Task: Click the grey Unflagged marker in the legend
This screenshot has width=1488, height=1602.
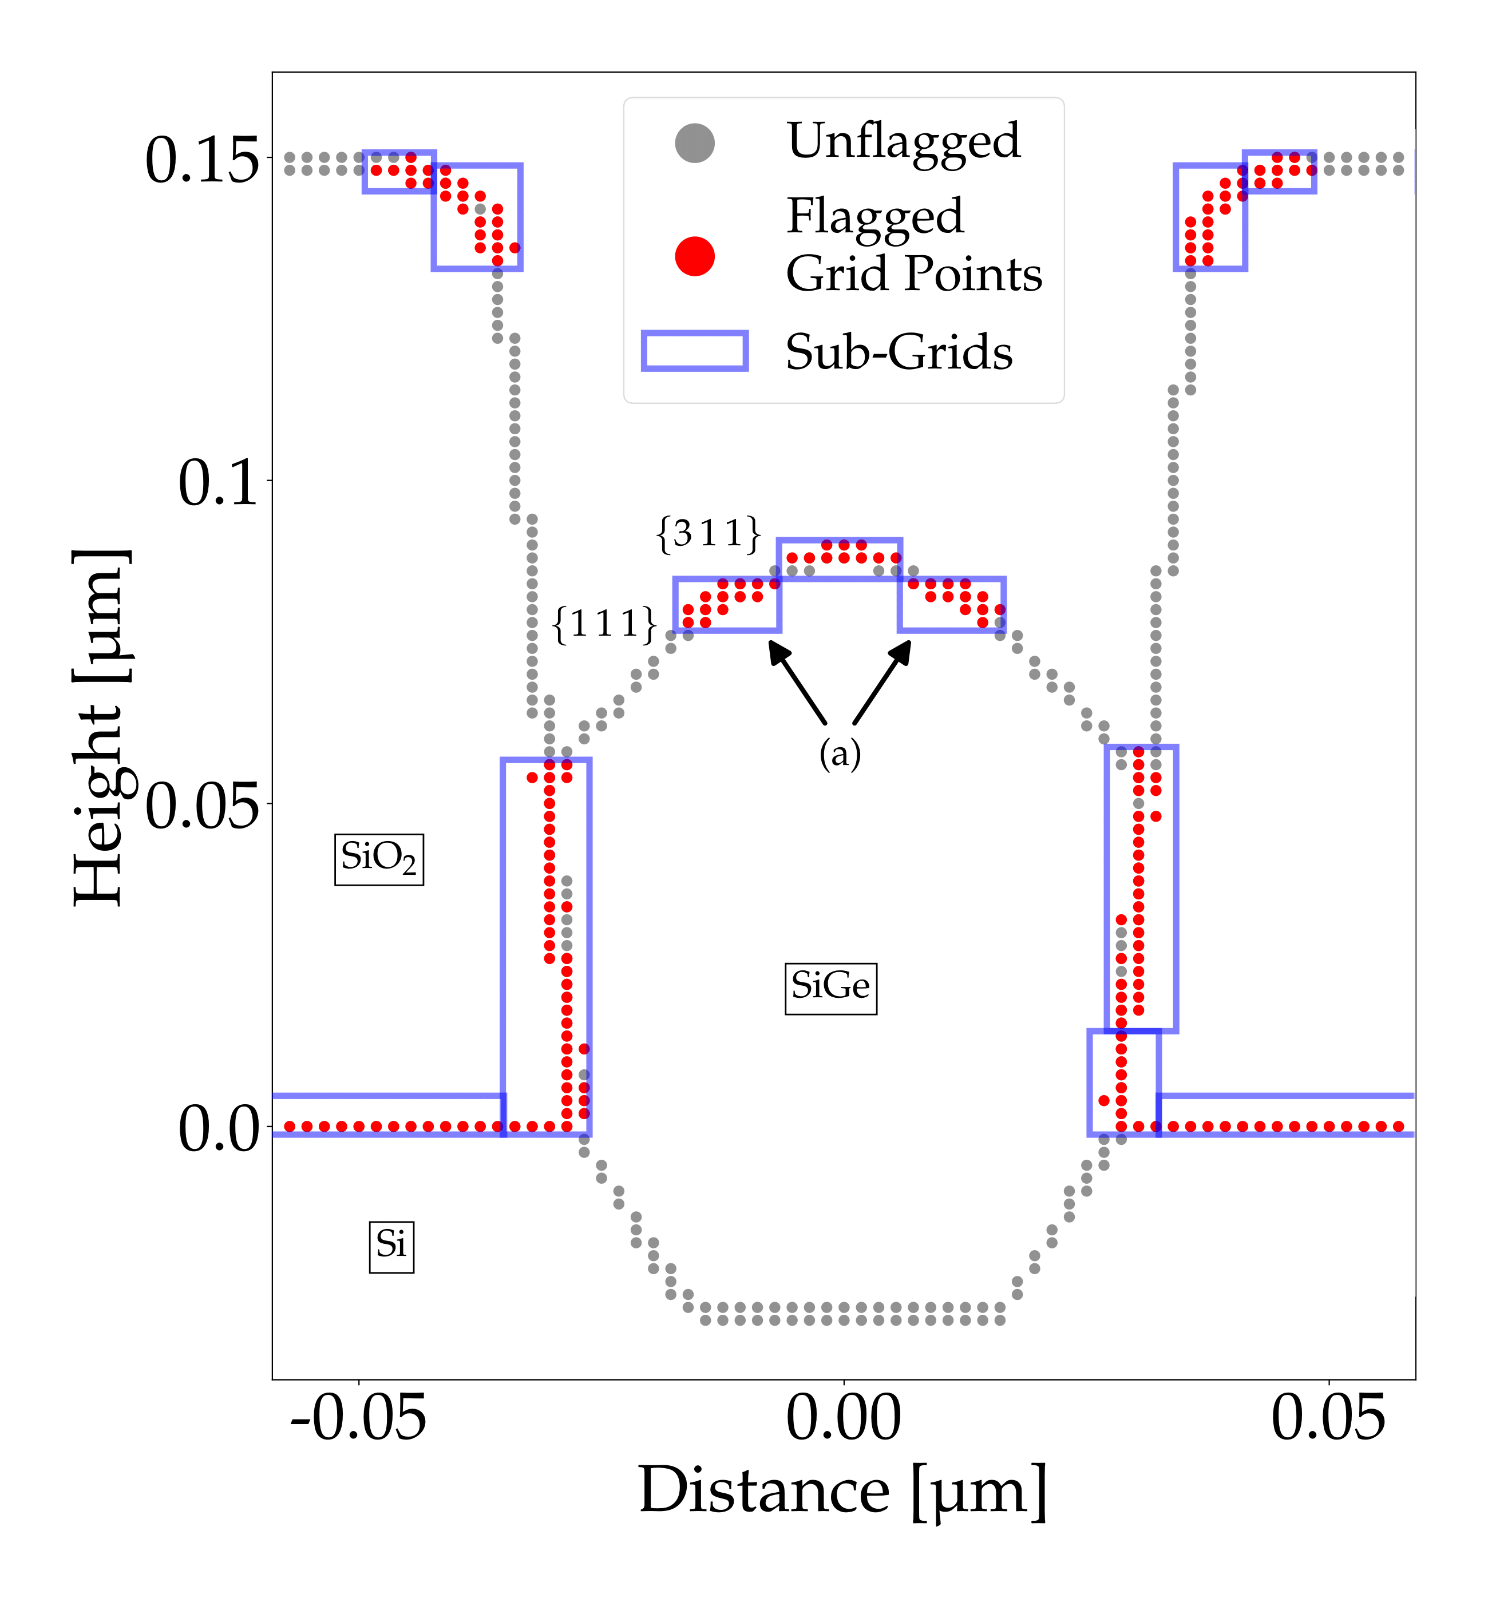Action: click(694, 143)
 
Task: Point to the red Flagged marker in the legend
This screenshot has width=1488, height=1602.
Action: click(694, 256)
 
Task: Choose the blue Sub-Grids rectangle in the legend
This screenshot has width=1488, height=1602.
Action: click(694, 351)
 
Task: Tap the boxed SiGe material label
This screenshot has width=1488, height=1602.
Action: click(830, 988)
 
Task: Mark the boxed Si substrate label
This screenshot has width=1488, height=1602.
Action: click(391, 1247)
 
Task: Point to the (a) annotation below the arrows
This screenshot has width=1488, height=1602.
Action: click(840, 754)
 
